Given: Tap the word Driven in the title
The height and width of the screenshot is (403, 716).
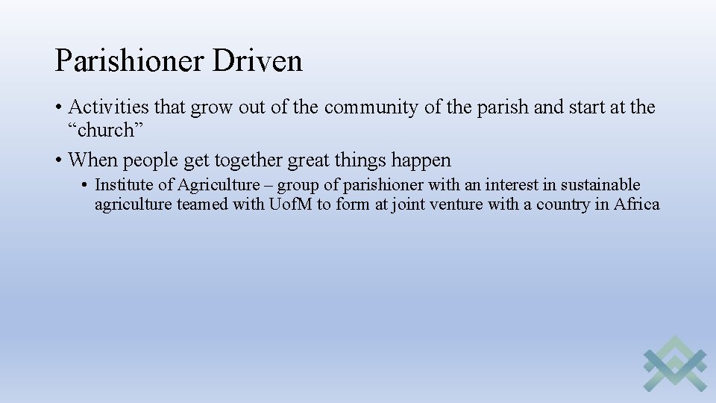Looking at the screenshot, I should pos(257,60).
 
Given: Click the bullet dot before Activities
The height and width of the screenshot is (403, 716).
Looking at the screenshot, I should pos(59,108).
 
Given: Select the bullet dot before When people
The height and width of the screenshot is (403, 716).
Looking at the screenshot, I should pos(59,160).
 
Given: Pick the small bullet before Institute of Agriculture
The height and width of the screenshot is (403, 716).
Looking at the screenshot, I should pos(87,185).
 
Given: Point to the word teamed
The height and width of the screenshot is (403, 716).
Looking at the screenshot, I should pos(203,204).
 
